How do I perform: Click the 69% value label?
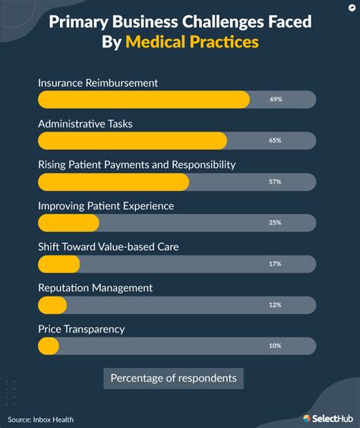coord(275,100)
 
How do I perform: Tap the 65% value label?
coord(275,141)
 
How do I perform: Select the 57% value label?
coord(275,182)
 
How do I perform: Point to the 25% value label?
coord(275,223)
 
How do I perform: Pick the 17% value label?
coord(275,264)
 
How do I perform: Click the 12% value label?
coord(275,305)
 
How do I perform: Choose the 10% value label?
coord(275,346)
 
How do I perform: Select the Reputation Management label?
coord(95,288)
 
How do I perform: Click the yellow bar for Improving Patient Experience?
coord(68,223)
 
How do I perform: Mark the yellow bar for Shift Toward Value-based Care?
coord(58,264)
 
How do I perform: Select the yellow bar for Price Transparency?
coord(49,346)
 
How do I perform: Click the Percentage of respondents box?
coord(173,378)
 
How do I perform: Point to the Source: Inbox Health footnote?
coord(41,420)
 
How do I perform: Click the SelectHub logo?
coord(327,417)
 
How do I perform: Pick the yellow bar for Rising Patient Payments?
coord(113,182)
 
